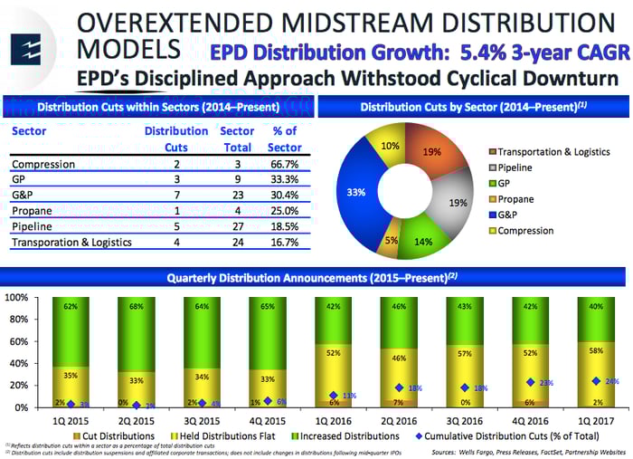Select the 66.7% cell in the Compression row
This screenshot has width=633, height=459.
286,164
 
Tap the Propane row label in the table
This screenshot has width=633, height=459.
32,211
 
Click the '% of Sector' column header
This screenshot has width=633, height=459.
286,139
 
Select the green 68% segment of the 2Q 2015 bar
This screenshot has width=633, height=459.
136,331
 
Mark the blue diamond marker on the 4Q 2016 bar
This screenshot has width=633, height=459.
531,382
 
